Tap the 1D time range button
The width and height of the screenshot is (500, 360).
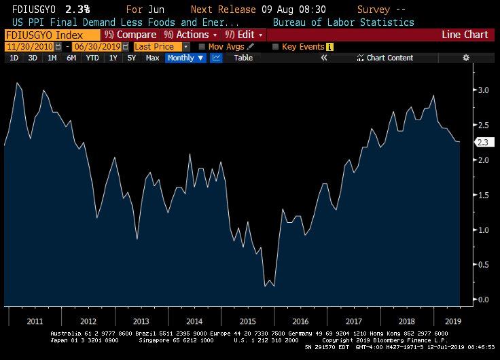click(14, 58)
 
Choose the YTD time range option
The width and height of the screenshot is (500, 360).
click(92, 58)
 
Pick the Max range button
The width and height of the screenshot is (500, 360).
click(152, 58)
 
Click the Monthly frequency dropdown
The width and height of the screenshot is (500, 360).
click(185, 58)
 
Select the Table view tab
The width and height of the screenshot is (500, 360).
click(243, 58)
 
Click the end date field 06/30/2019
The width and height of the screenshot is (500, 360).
click(95, 47)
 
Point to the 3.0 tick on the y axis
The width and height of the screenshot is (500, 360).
click(483, 90)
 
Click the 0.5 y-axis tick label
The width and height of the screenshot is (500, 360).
click(483, 264)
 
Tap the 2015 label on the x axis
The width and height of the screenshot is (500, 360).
click(247, 321)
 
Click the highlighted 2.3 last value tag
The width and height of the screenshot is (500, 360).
click(483, 143)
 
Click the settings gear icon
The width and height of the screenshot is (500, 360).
click(466, 58)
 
